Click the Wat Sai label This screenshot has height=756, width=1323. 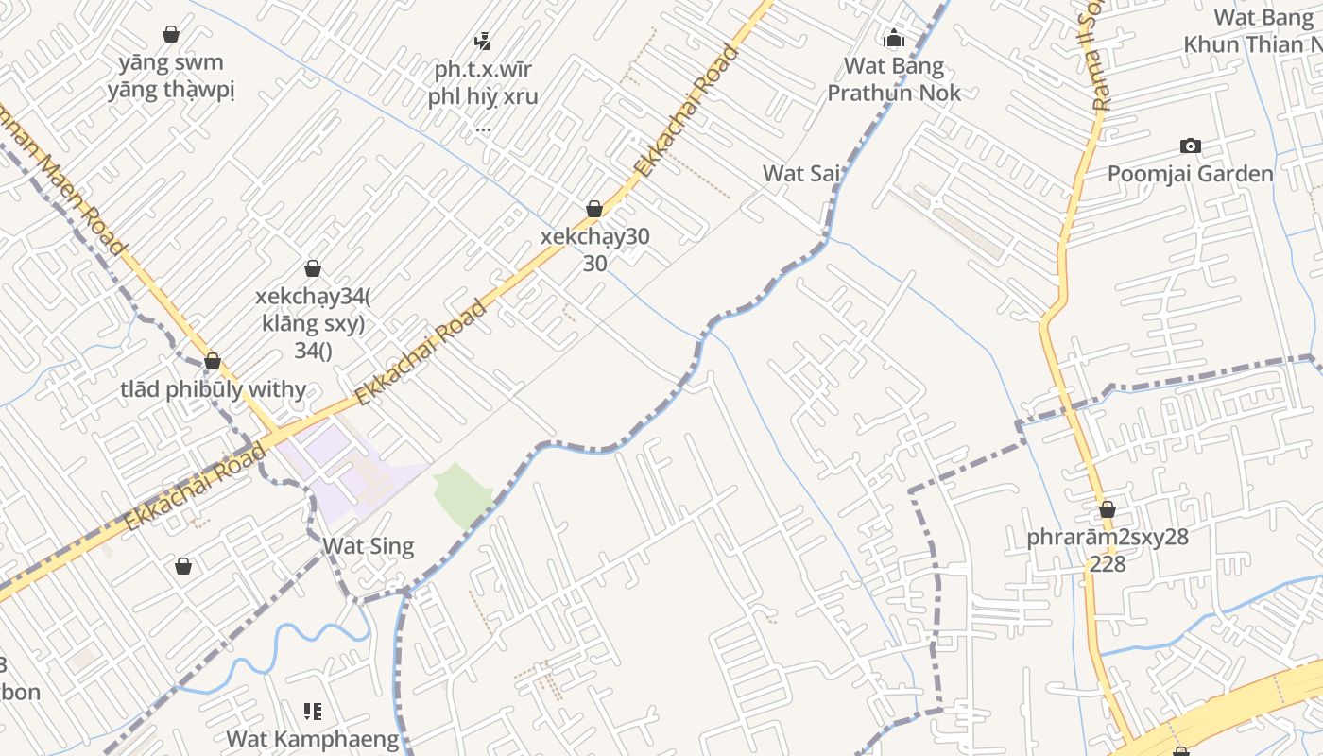[801, 173]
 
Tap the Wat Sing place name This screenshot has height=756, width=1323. [368, 546]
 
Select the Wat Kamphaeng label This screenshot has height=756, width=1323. [312, 738]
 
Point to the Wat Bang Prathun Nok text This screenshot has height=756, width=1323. [893, 79]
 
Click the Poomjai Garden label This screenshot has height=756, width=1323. [1190, 174]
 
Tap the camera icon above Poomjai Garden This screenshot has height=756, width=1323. [1191, 146]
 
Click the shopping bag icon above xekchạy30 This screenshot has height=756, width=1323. [594, 209]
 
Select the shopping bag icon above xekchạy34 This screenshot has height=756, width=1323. [313, 269]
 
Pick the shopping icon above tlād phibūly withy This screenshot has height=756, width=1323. [213, 361]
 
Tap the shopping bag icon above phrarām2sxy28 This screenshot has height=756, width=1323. [1108, 510]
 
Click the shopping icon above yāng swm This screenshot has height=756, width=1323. [171, 35]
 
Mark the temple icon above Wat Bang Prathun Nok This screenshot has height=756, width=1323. [893, 39]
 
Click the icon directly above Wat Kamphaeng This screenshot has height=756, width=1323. [313, 711]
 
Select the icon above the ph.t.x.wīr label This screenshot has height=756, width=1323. [483, 41]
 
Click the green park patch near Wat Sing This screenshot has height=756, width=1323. [463, 494]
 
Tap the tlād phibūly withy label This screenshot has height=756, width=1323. [213, 389]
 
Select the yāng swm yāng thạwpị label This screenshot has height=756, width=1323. [171, 77]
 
